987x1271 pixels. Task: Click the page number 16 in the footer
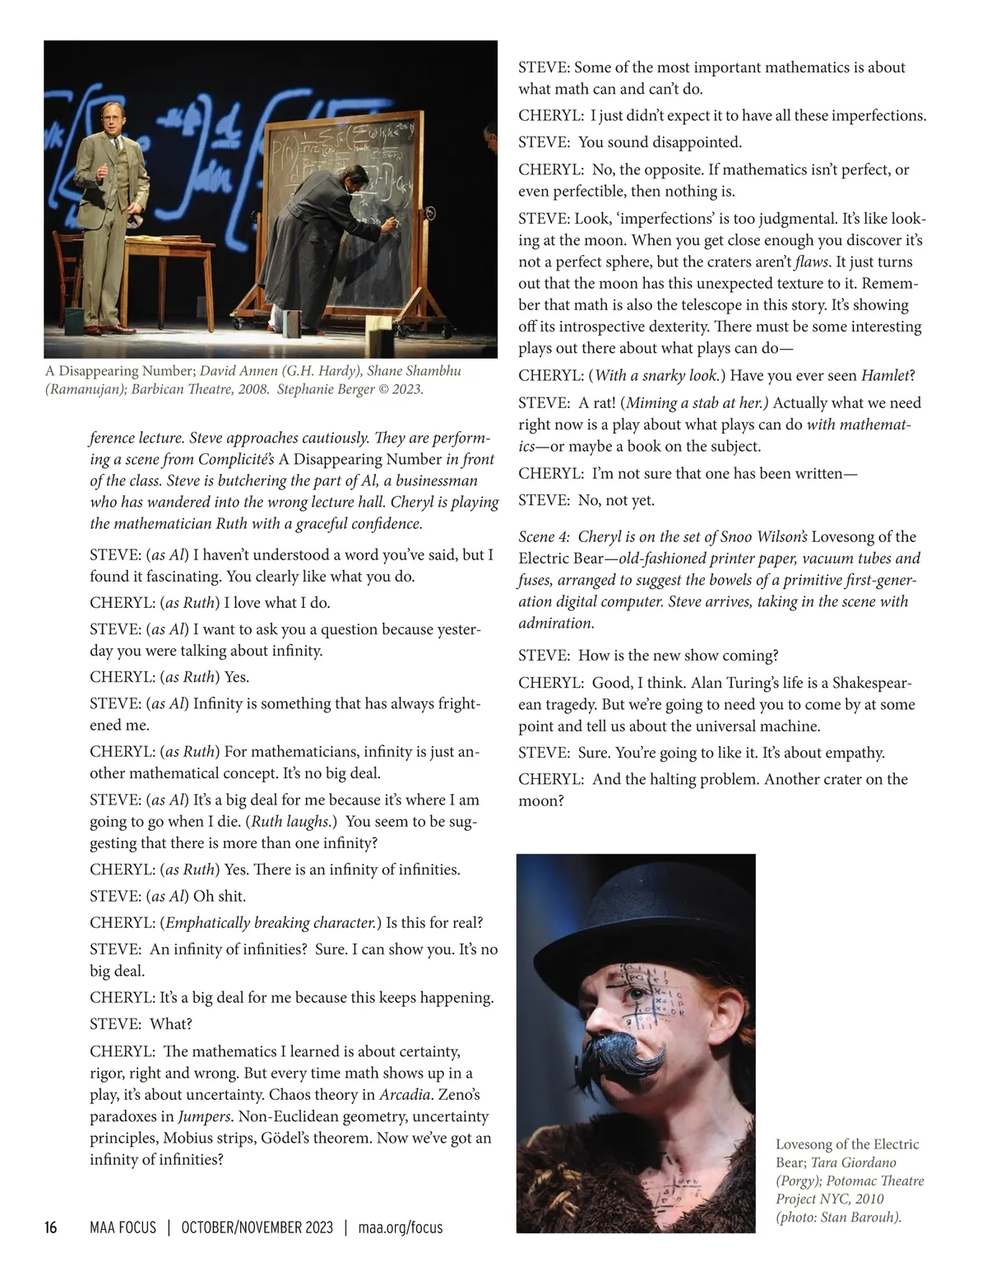tap(51, 1228)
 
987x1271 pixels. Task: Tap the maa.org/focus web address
tap(401, 1228)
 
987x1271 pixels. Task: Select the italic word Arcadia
tap(404, 1095)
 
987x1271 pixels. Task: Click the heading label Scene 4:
tap(544, 537)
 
